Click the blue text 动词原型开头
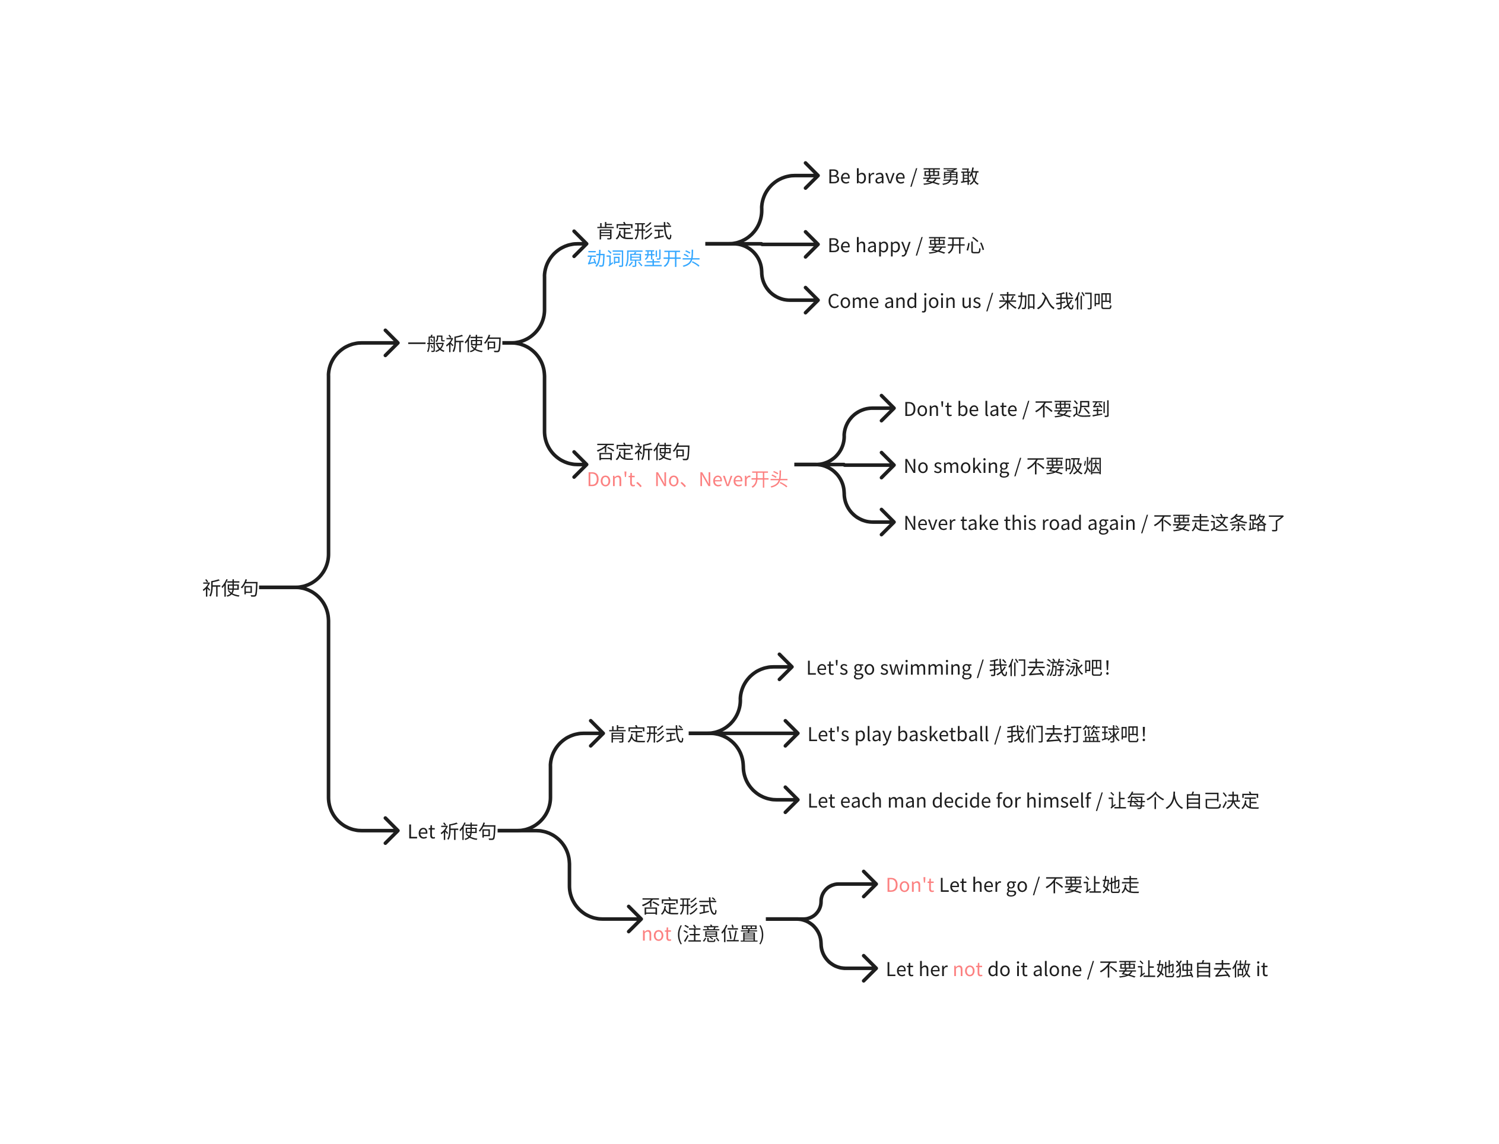(643, 259)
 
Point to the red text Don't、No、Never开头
(687, 479)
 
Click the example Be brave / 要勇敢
(903, 176)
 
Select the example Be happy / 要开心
(905, 245)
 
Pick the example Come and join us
(968, 301)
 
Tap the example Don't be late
(1006, 409)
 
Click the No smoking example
(1002, 466)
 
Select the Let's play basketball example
(976, 734)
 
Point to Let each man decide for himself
(1033, 801)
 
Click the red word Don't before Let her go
(909, 885)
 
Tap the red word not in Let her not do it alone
(967, 970)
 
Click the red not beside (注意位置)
(656, 935)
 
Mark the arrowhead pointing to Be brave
(811, 176)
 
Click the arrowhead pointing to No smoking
(887, 465)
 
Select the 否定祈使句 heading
(643, 452)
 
